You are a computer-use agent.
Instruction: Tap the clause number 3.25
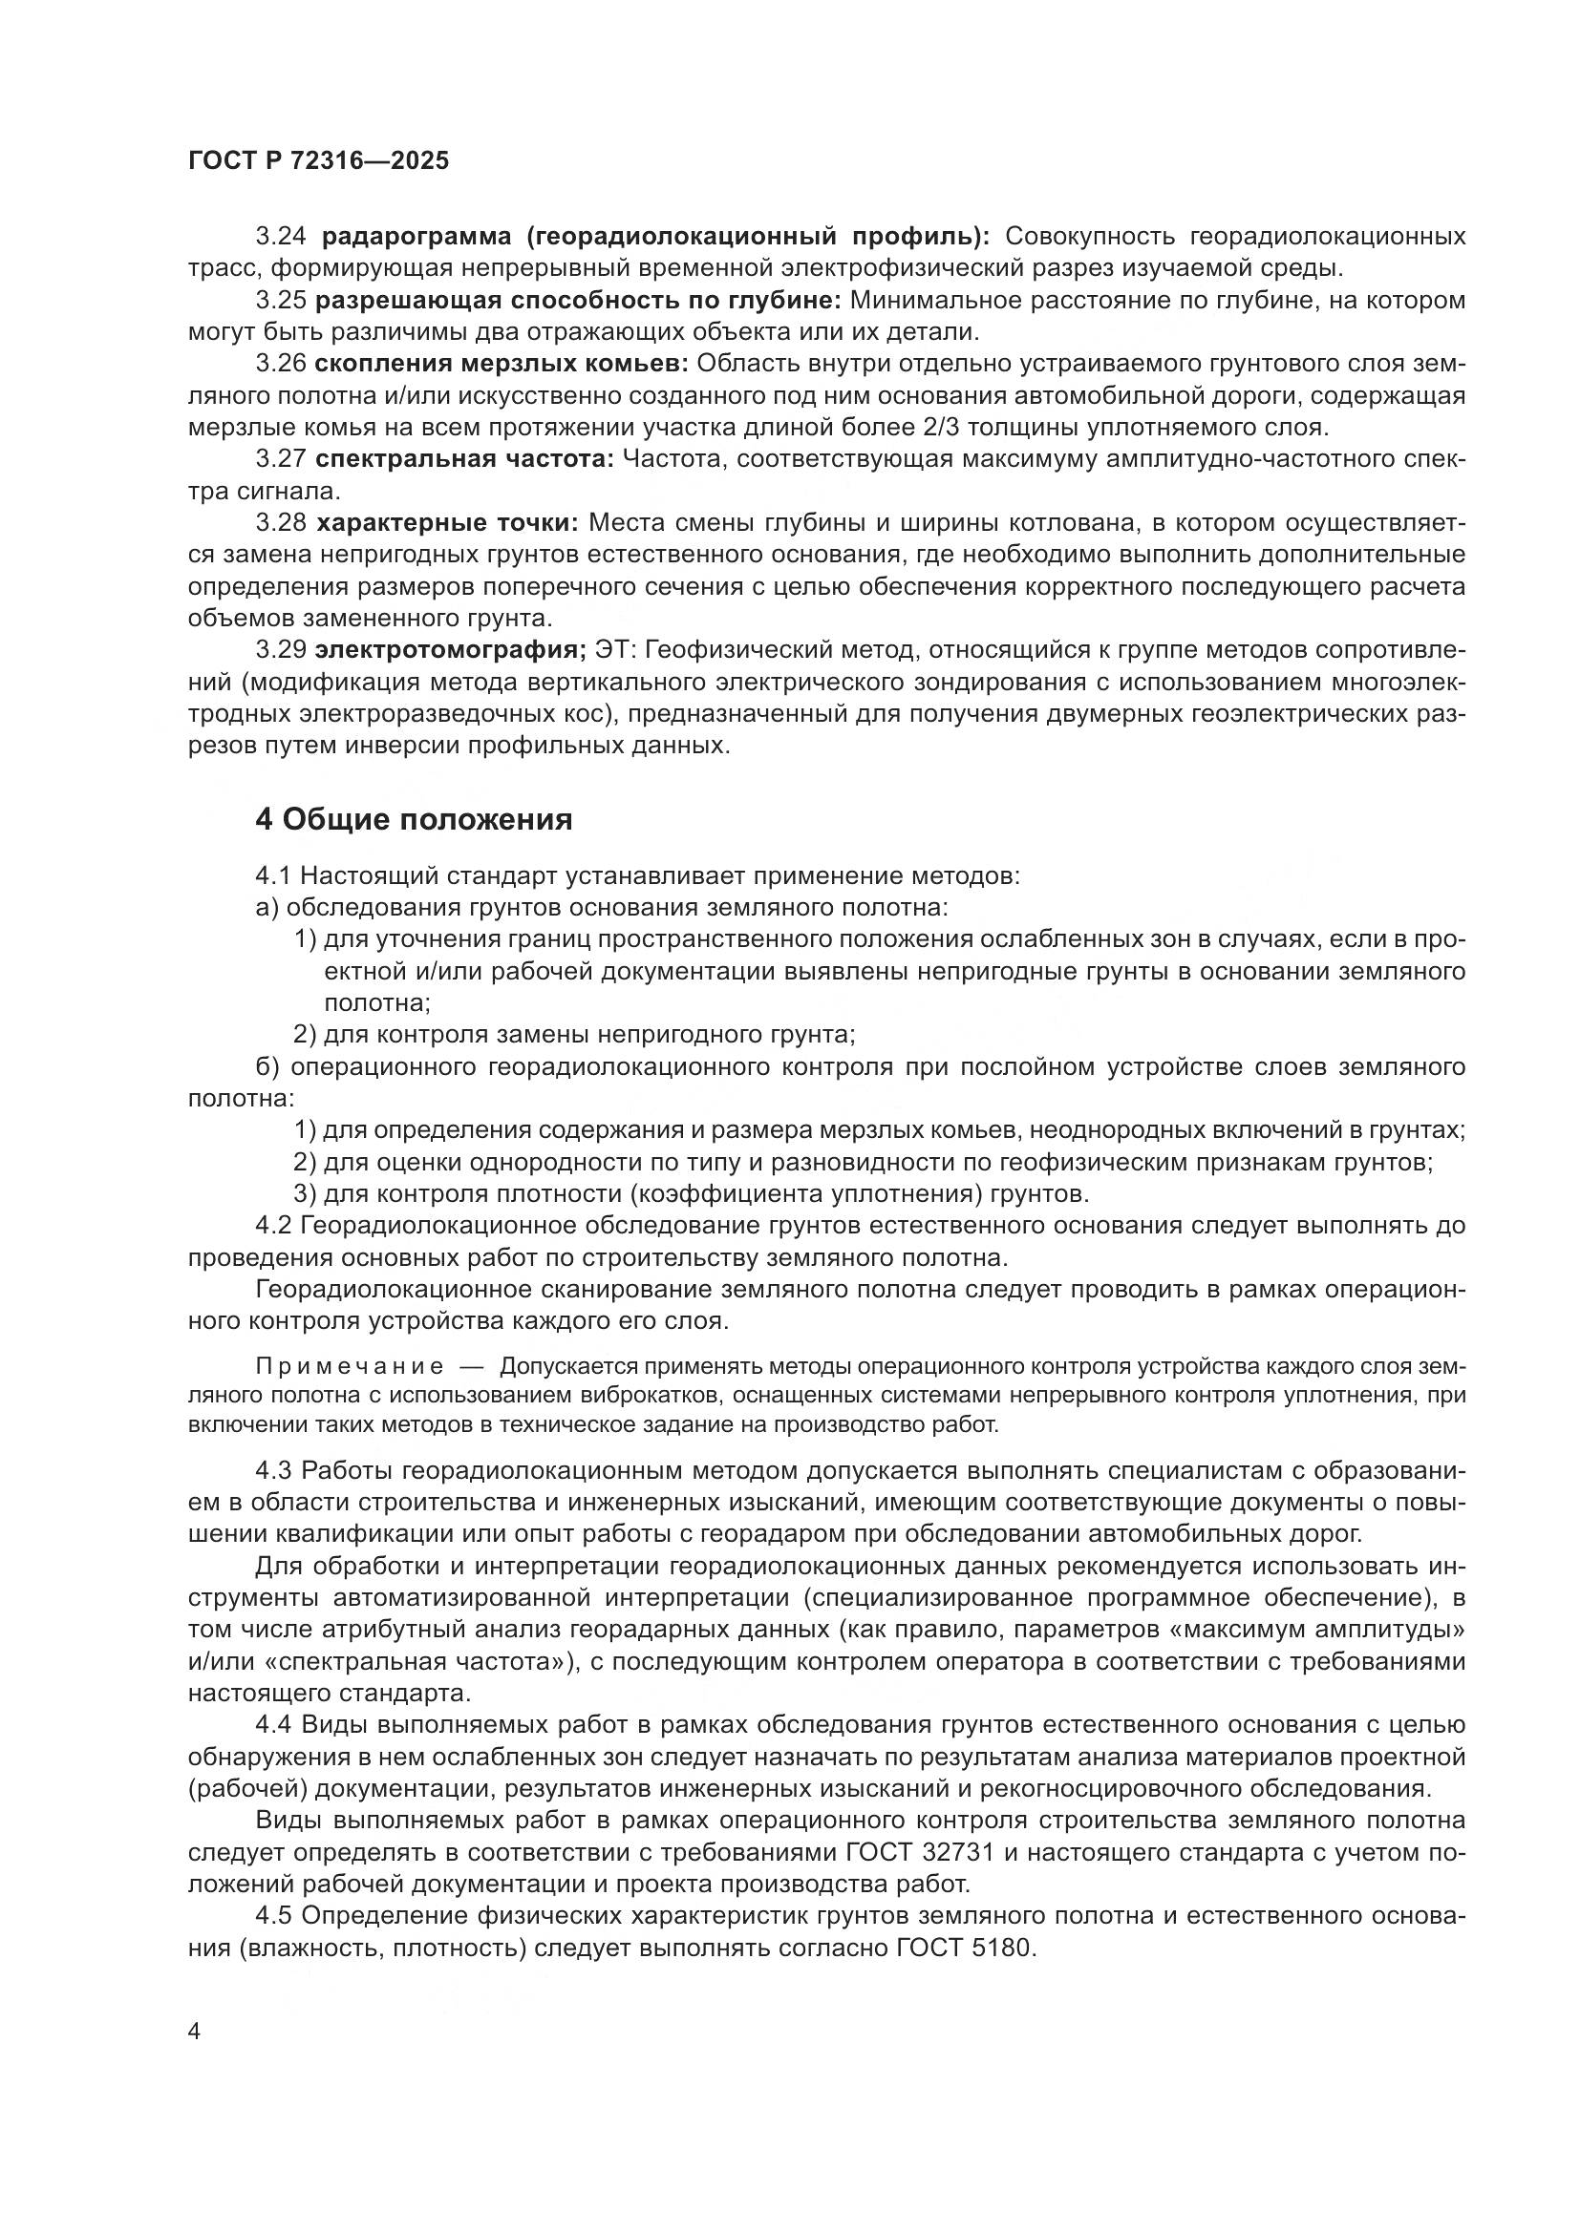(280, 301)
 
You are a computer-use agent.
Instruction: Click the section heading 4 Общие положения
(414, 820)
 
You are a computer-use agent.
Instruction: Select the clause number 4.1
(273, 876)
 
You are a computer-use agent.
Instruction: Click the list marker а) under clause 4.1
(267, 907)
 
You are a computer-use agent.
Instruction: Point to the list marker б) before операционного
(267, 1067)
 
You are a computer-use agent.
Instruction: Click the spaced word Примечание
(350, 1366)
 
